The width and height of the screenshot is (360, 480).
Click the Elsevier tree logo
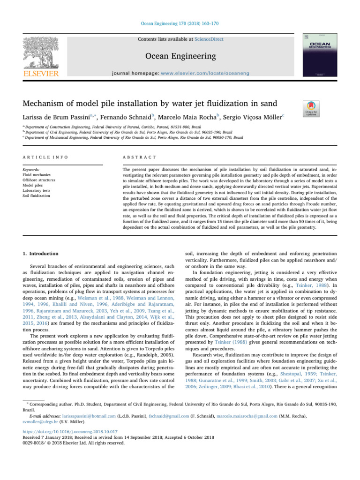pos(39,54)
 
